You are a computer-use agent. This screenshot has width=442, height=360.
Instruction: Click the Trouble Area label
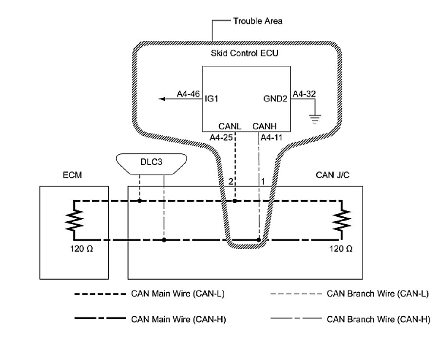(x=258, y=21)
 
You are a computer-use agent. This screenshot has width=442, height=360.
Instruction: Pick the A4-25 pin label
(x=221, y=138)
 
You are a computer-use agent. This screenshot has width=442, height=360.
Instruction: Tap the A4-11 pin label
(x=271, y=138)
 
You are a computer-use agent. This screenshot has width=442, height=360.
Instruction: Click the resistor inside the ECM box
(x=74, y=220)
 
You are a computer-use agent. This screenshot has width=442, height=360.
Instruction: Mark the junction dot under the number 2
(x=235, y=201)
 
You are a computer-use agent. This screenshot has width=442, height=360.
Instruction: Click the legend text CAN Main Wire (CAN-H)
(x=178, y=320)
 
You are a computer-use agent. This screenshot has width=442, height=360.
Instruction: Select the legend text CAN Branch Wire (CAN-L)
(x=378, y=294)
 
